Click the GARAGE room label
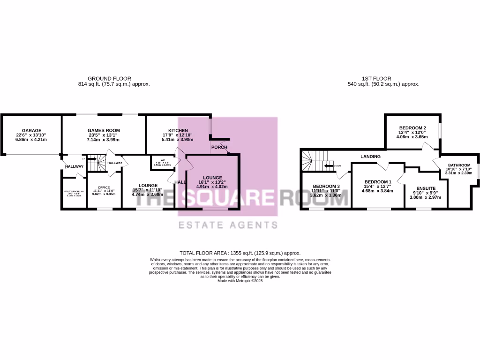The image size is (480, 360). coord(31,130)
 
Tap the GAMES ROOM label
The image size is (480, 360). coord(104,130)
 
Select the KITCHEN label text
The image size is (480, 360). coord(178,130)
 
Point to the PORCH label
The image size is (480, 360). coord(219,147)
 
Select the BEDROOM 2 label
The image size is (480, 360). coord(412,128)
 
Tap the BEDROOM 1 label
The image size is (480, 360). coord(377,182)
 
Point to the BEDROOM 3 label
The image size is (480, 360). coord(326,186)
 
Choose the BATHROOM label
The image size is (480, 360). coord(459,165)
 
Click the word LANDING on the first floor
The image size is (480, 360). coord(370,156)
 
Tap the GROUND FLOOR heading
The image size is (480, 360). coord(110,78)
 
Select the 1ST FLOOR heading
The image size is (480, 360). coord(377,78)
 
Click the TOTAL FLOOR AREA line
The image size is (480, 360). coord(240,253)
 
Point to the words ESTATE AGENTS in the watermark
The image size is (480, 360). coord(228,225)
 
